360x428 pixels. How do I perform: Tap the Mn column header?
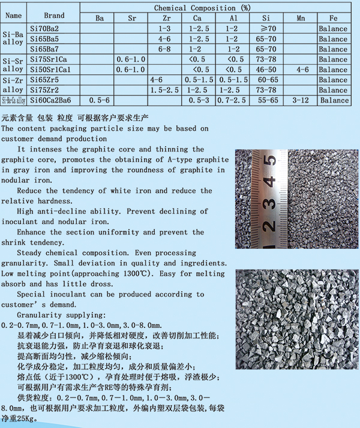point(301,18)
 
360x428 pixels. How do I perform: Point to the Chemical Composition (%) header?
point(202,8)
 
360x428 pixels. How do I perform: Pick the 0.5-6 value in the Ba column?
point(100,100)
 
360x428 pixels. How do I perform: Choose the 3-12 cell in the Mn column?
point(301,100)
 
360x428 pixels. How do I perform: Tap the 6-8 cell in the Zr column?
point(164,49)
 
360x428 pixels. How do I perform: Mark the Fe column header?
point(334,18)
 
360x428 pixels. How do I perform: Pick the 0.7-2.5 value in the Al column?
point(232,100)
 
